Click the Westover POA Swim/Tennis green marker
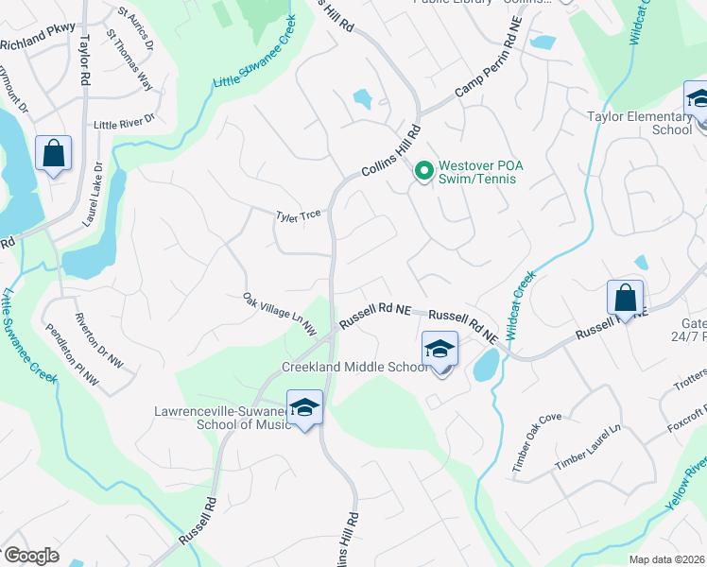click(x=424, y=171)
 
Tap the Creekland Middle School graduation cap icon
click(x=440, y=351)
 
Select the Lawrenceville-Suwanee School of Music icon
click(x=304, y=408)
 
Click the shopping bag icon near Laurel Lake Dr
click(x=53, y=153)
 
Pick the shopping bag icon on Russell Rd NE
click(x=625, y=298)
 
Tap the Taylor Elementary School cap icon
click(x=698, y=101)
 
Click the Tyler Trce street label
click(x=298, y=215)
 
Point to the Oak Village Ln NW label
click(x=280, y=314)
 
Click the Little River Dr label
click(x=136, y=125)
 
